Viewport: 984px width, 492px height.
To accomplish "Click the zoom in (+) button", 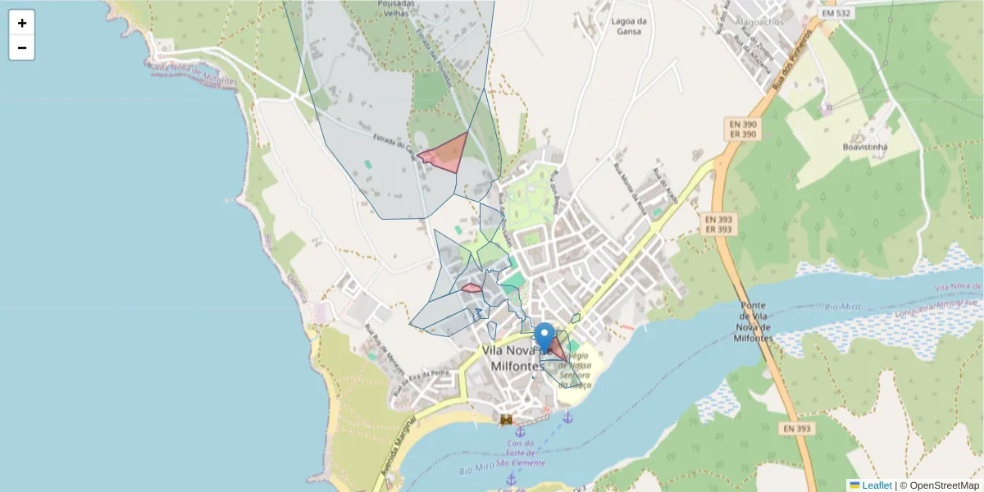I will click(22, 23).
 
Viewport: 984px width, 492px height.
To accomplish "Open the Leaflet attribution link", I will click(877, 485).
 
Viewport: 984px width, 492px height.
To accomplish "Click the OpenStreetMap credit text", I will click(944, 485).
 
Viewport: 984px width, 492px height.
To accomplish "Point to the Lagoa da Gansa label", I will click(630, 26).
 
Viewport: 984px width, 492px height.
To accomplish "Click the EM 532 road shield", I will click(836, 14).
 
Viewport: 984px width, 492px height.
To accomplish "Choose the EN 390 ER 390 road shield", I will click(742, 129).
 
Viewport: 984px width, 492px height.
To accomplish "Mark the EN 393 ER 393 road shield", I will click(717, 224).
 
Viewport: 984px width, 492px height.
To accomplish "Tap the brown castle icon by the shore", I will click(507, 420).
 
